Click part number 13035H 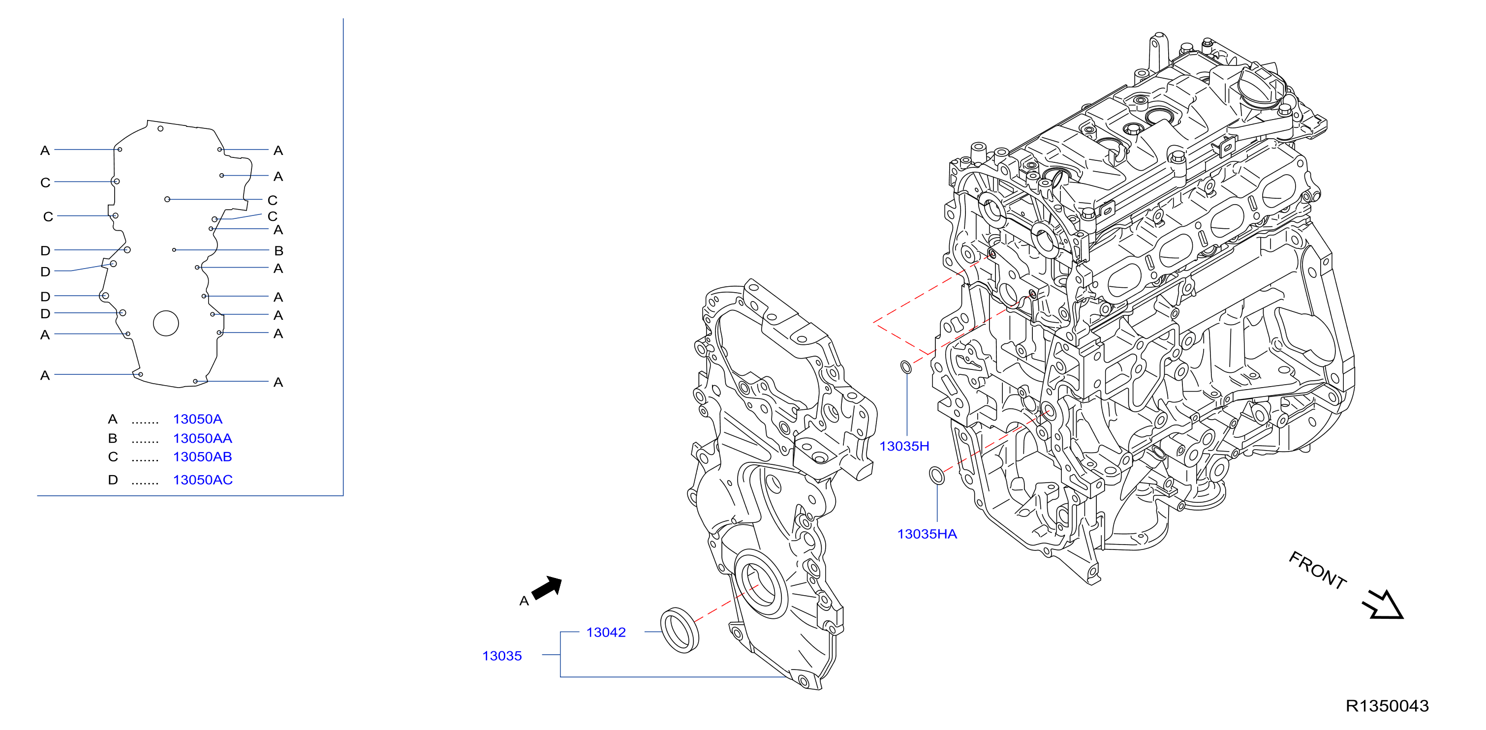pyautogui.click(x=904, y=446)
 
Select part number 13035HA pyautogui.click(x=927, y=534)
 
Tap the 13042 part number pyautogui.click(x=606, y=632)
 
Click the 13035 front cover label pyautogui.click(x=502, y=656)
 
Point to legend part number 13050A pyautogui.click(x=197, y=419)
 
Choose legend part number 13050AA pyautogui.click(x=202, y=438)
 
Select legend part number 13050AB pyautogui.click(x=202, y=456)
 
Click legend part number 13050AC pyautogui.click(x=202, y=480)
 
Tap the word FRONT pyautogui.click(x=1318, y=570)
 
